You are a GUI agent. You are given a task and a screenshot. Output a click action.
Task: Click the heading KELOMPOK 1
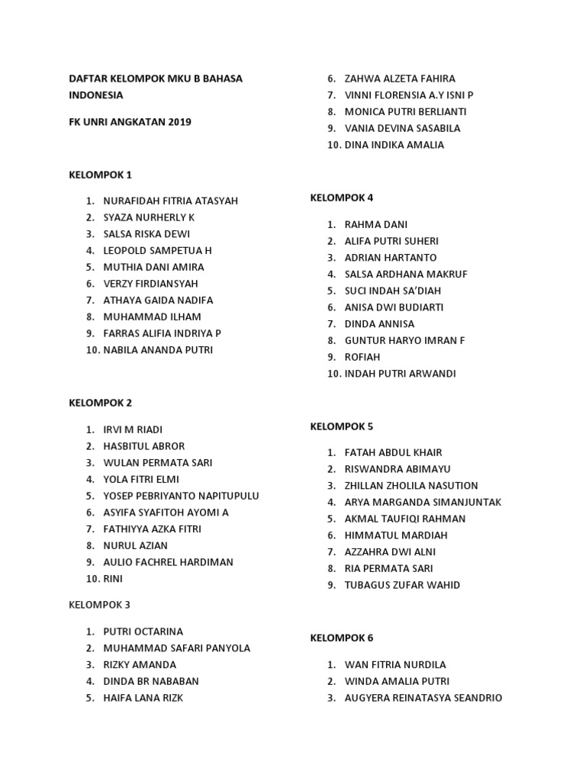coord(101,175)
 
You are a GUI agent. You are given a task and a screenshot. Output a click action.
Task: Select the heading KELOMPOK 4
coord(342,198)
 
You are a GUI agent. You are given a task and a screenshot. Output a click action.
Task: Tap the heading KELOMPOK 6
coord(342,638)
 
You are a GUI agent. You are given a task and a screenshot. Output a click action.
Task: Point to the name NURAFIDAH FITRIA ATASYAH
coord(171,201)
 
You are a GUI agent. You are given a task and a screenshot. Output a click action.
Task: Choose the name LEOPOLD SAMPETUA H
coord(158,250)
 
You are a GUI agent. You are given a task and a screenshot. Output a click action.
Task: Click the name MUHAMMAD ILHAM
coord(153,317)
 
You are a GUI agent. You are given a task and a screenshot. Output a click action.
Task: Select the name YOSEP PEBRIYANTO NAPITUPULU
coord(182,496)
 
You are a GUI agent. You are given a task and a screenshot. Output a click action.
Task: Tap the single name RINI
coord(114,579)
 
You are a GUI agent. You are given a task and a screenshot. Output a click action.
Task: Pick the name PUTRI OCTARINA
coord(143,632)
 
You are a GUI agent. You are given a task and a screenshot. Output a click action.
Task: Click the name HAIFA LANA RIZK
coord(143,698)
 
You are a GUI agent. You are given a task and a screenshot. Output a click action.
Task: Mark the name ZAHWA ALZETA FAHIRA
coord(400,79)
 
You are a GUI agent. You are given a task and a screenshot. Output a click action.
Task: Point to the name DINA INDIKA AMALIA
coord(394,145)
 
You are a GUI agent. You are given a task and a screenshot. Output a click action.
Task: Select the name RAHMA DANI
coord(376,224)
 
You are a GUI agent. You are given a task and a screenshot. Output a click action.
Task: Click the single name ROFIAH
coord(362,357)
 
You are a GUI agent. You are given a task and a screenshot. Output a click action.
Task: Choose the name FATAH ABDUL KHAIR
coord(394,452)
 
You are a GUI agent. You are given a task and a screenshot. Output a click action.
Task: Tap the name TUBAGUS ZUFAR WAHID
coord(403,585)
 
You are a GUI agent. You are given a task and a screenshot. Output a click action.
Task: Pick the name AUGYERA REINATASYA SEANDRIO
coord(423,698)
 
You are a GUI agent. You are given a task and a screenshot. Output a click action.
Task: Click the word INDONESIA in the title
coord(96,95)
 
